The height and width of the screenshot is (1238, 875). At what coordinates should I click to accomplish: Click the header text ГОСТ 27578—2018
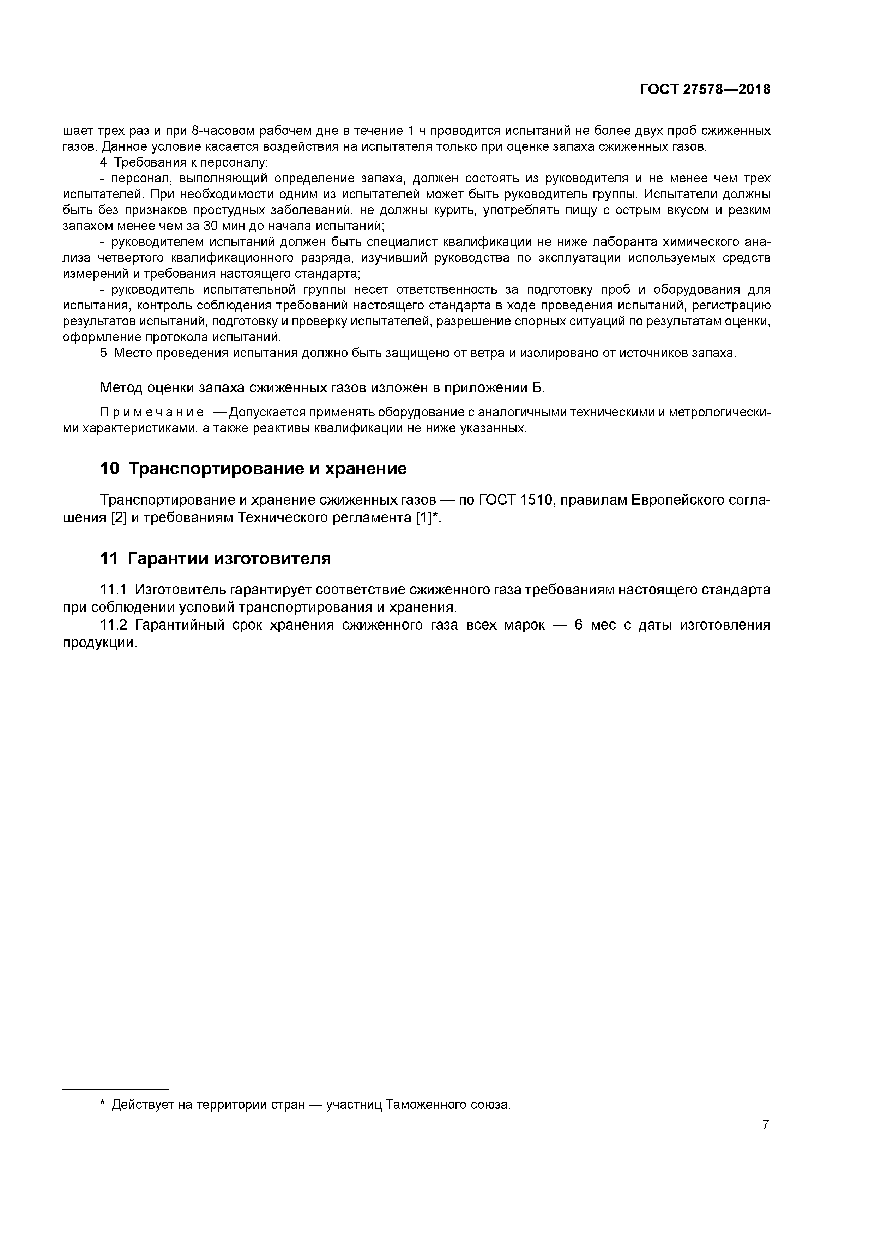click(705, 90)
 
